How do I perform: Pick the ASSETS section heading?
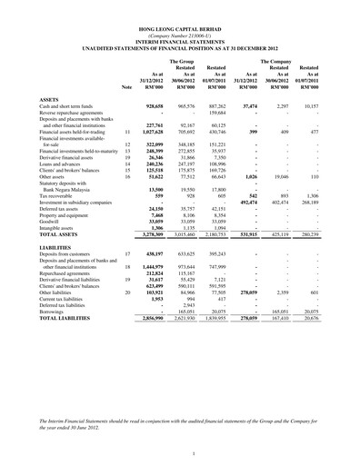click(42, 98)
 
